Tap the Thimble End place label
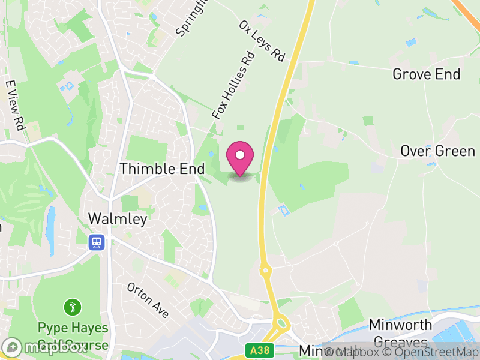pyautogui.click(x=162, y=169)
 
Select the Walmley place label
pyautogui.click(x=118, y=219)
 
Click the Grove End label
pyautogui.click(x=426, y=74)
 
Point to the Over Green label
pyautogui.click(x=437, y=151)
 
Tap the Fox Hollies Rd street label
pyautogui.click(x=234, y=86)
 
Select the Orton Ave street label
pyautogui.click(x=148, y=299)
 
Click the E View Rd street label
pyautogui.click(x=16, y=106)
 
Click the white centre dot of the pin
pyautogui.click(x=240, y=155)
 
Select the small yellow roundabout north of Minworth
pyautogui.click(x=265, y=271)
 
